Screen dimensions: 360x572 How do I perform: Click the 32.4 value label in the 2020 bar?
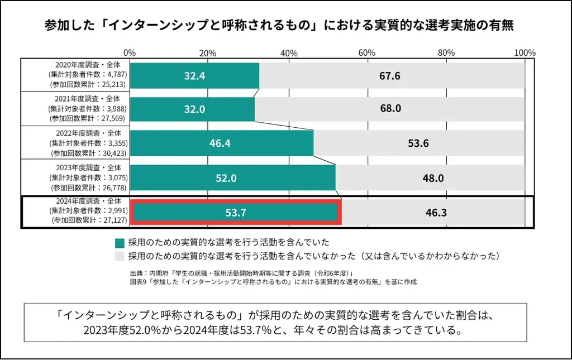pyautogui.click(x=195, y=76)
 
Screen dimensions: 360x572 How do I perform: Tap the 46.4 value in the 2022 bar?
pyautogui.click(x=220, y=143)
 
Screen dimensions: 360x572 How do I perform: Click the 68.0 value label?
pyautogui.click(x=390, y=109)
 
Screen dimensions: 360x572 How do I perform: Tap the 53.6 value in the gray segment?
pyautogui.click(x=418, y=143)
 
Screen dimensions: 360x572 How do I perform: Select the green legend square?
pyautogui.click(x=120, y=243)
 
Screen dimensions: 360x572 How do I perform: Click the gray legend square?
pyautogui.click(x=120, y=256)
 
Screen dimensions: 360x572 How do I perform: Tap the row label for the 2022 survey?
pyautogui.click(x=89, y=143)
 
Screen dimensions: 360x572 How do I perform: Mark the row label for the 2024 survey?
pyautogui.click(x=89, y=211)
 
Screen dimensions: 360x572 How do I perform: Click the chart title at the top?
pyautogui.click(x=279, y=26)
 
